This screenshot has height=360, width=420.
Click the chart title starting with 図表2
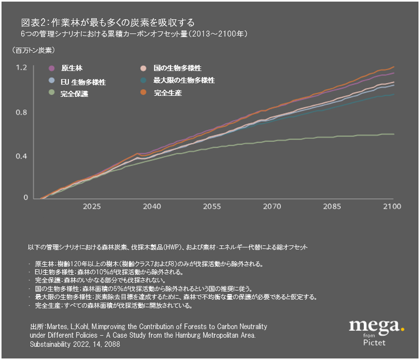tap(108, 23)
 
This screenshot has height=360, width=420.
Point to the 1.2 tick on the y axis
tap(21, 67)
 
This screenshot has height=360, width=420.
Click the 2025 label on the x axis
tap(92, 207)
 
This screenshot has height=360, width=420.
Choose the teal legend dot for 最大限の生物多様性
tap(144, 81)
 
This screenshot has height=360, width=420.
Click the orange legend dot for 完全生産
tap(144, 93)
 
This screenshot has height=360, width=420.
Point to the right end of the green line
tap(394, 134)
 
